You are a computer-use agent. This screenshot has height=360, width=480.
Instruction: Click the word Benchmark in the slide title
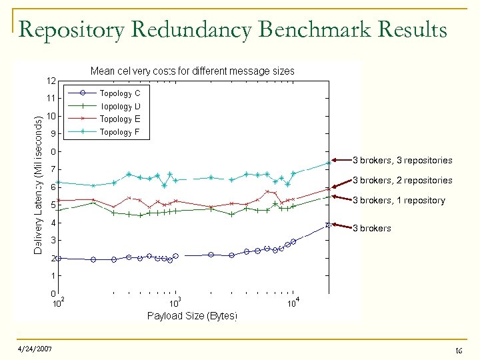pos(312,30)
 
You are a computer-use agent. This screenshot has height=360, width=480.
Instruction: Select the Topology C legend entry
pos(119,93)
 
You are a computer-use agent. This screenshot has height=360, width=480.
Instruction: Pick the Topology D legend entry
pos(119,106)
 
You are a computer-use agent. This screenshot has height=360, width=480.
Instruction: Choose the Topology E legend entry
pos(119,119)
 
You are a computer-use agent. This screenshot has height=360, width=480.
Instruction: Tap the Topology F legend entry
pos(119,132)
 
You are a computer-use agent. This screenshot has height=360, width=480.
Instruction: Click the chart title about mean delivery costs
pos(192,71)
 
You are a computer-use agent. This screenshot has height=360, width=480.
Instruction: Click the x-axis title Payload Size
pos(192,315)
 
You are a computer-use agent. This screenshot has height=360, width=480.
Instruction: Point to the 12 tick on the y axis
pos(51,81)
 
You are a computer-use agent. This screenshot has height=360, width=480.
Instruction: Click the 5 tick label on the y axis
pos(53,205)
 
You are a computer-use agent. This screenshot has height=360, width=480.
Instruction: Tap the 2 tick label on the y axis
pos(53,258)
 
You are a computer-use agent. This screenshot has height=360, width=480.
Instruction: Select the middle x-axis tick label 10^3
pos(175,303)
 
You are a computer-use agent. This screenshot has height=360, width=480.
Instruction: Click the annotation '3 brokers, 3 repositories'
pos(402,160)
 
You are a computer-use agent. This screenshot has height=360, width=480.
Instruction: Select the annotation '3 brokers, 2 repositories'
pos(402,180)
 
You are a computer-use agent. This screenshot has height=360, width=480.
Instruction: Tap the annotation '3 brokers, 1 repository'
pos(399,200)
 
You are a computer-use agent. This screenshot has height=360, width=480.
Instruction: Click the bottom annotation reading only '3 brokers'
pos(372,228)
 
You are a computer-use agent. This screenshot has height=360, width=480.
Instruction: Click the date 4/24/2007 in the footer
pos(34,349)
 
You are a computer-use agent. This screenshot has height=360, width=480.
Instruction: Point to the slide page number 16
pos(457,350)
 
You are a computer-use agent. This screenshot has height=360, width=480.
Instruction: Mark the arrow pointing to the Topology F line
pos(341,160)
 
